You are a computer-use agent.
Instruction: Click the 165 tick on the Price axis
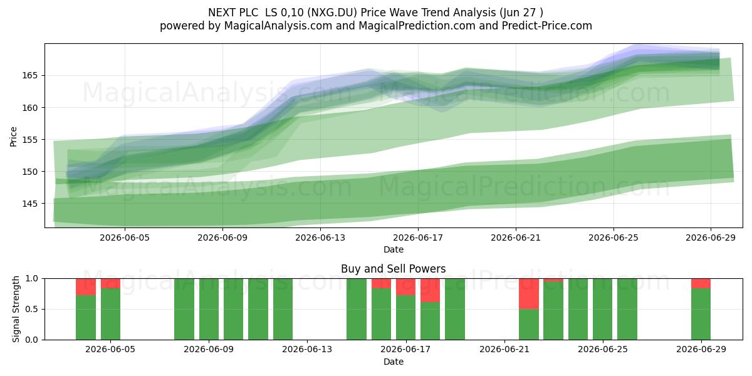pos(29,76)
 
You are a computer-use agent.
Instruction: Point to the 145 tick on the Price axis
pos(29,204)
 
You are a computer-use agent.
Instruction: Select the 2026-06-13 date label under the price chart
pos(320,238)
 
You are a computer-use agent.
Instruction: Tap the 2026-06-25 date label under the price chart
pos(614,238)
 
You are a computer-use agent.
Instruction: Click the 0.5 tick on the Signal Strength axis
pos(32,309)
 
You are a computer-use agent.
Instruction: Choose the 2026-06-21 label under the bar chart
pos(504,349)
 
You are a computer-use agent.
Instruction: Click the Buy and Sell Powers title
pos(393,269)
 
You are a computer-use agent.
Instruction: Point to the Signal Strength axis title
pos(16,309)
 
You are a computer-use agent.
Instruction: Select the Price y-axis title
pos(13,137)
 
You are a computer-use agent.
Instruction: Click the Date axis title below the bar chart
pos(394,362)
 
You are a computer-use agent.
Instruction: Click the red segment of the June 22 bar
pos(529,294)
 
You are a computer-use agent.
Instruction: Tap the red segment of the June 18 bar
pos(430,290)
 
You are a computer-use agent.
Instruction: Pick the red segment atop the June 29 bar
pos(701,283)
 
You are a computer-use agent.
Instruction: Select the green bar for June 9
pos(209,309)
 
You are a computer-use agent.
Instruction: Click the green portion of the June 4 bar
pos(86,318)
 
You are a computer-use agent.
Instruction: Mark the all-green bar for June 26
pos(627,309)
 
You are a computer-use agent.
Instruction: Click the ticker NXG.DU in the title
pos(333,13)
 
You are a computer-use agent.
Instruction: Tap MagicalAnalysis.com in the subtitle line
pos(278,26)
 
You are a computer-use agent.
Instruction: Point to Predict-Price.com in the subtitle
pos(547,26)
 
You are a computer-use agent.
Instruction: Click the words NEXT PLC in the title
pos(233,13)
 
